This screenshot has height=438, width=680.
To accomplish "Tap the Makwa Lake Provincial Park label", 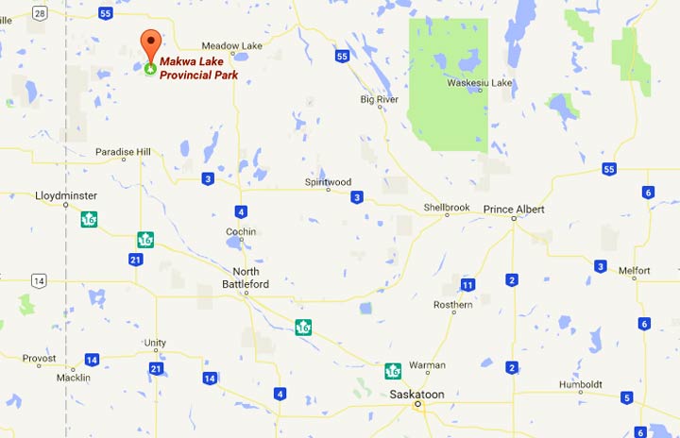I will pos(197,67).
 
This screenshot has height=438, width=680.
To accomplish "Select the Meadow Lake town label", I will pos(231,45).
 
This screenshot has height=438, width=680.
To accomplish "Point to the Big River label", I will pos(380,99).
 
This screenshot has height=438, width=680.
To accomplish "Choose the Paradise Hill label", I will pos(123,152).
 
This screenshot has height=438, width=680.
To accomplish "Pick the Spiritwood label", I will pos(328,181).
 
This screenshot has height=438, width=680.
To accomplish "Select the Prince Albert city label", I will pos(514,209).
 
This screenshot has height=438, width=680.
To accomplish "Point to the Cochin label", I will pos(241,231).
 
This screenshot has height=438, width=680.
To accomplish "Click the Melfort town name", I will pos(634,270).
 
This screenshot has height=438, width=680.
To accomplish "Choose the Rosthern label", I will pos(452,305).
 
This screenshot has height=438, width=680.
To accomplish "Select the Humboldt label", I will pos(581,384).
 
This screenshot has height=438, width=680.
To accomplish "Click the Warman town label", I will pos(428,364).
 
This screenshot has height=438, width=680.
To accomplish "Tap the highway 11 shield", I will pos(467,284).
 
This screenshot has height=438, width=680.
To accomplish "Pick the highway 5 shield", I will pos(626,397).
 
